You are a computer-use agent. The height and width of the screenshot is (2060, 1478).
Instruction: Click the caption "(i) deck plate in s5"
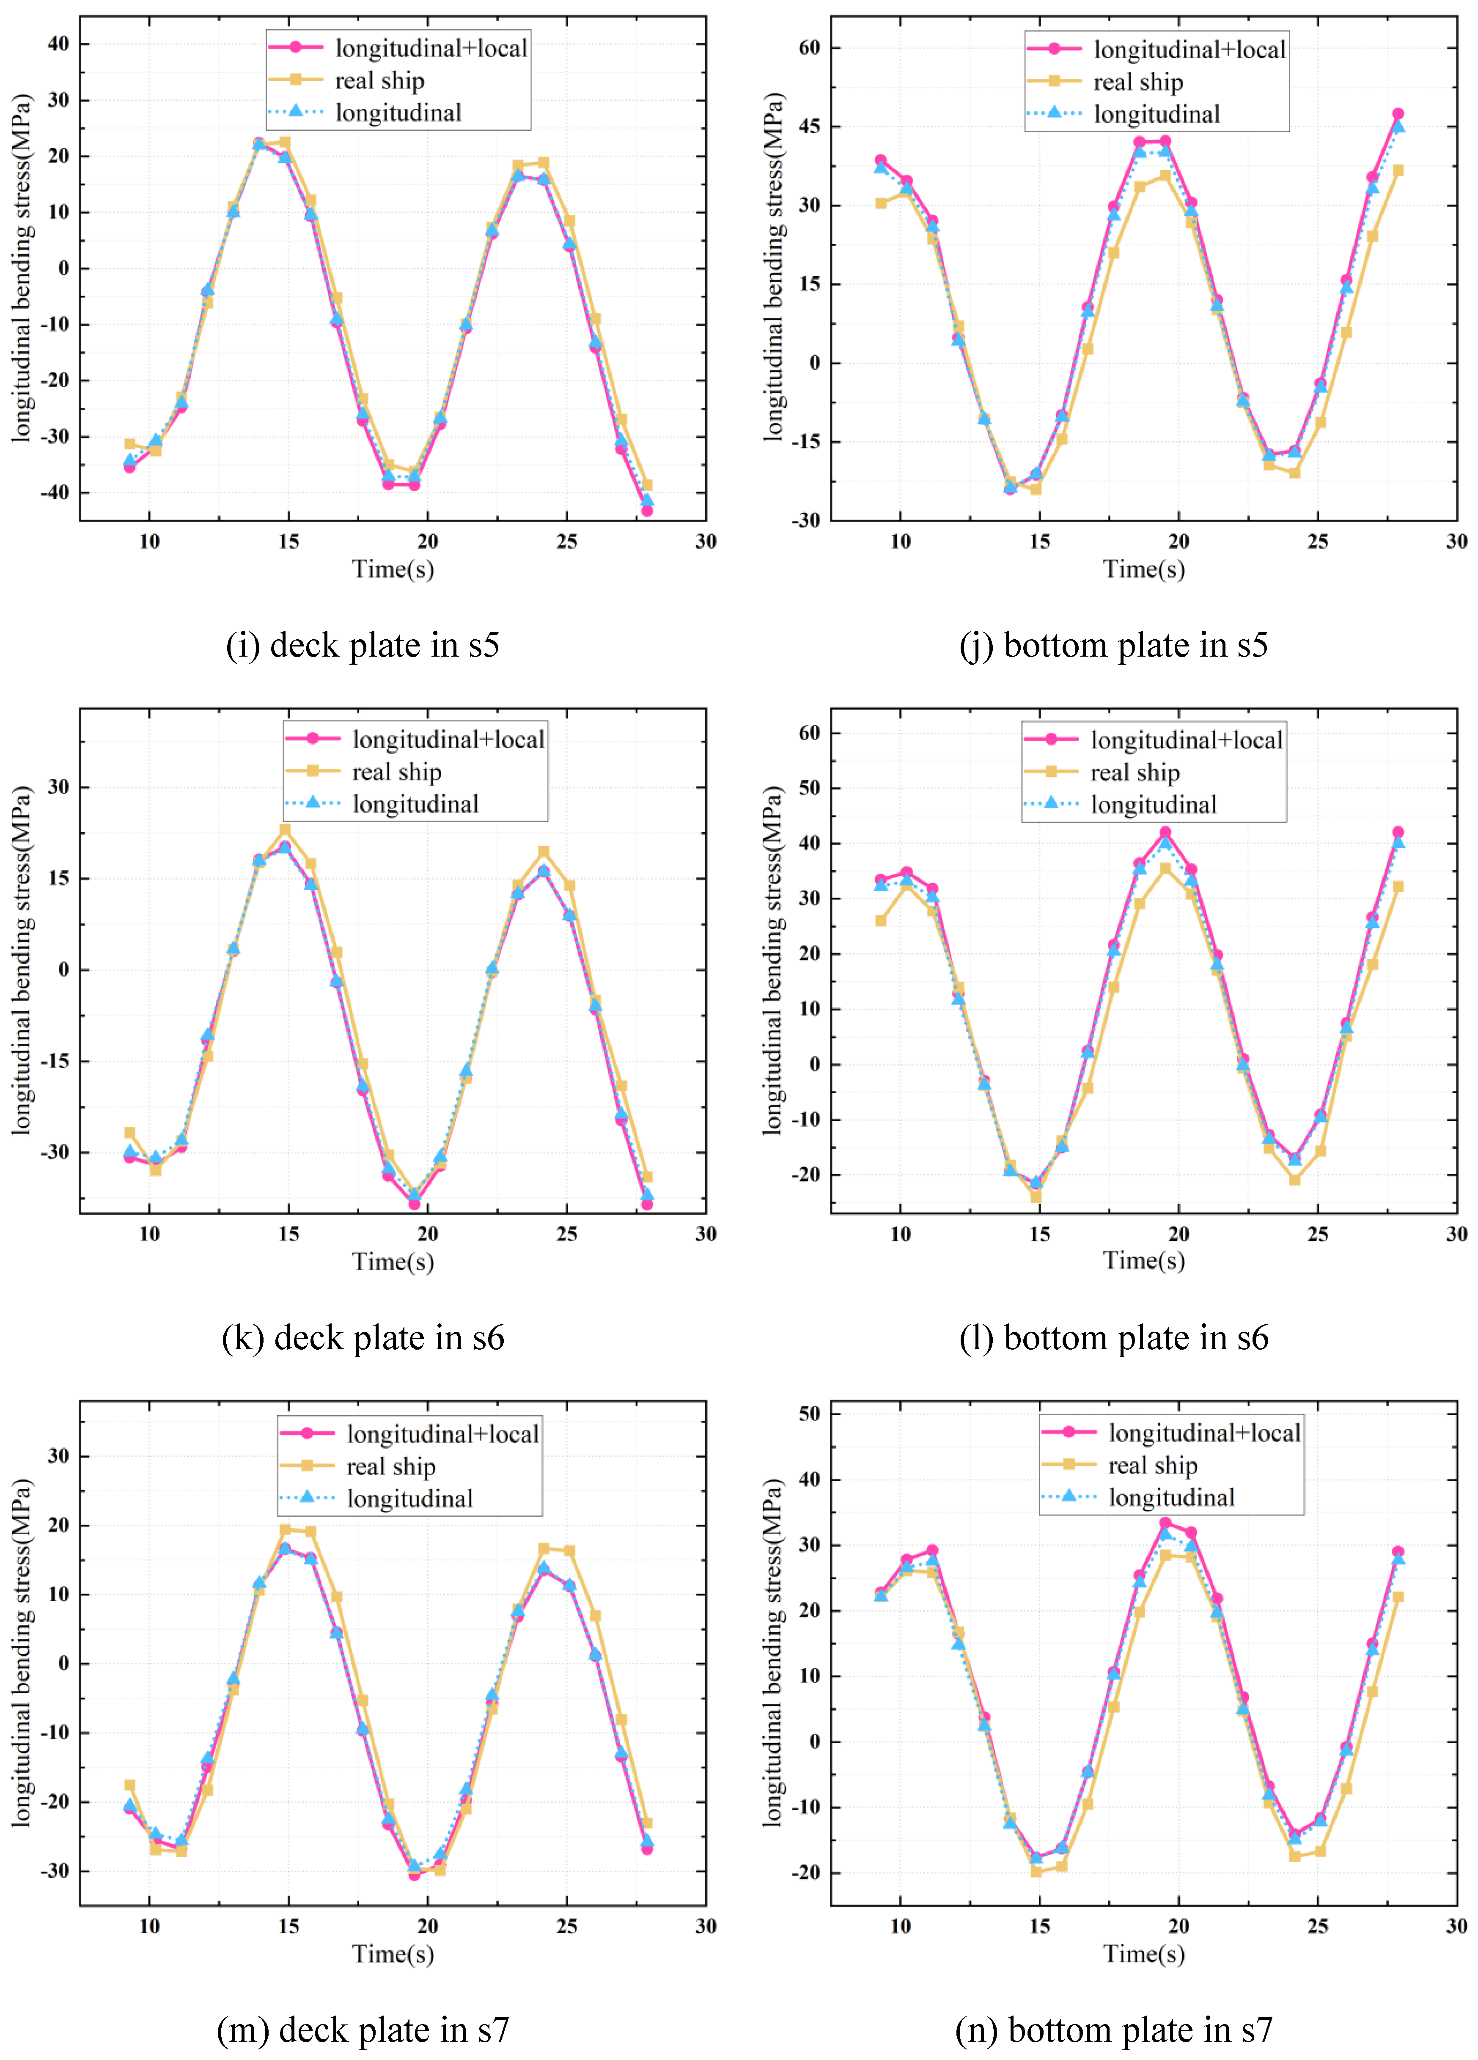[x=362, y=646]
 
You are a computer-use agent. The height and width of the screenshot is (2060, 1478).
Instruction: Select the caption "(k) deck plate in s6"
[x=362, y=1338]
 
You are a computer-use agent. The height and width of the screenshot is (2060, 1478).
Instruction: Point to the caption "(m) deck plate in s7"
[x=362, y=2030]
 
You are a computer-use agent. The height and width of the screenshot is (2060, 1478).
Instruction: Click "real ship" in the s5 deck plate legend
[x=379, y=81]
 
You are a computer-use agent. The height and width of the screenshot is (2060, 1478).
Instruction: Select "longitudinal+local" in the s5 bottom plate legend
[x=1190, y=50]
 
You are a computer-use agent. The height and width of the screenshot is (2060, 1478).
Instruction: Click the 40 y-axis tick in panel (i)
[x=58, y=44]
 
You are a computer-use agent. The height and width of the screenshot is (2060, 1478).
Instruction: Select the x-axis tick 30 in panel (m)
[x=706, y=1926]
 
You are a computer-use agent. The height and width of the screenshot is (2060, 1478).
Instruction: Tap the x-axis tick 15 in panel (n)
[x=1039, y=1926]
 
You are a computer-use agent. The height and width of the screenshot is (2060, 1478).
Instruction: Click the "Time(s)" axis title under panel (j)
[x=1144, y=569]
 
